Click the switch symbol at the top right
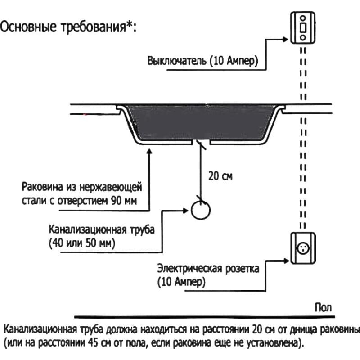303,28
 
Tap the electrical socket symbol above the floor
303,248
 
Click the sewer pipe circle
201,210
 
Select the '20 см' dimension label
220,176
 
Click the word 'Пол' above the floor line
323,308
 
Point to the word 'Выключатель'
177,61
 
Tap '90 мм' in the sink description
124,201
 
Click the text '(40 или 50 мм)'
82,243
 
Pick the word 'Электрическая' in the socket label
189,268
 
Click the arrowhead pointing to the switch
285,39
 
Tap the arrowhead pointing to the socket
286,261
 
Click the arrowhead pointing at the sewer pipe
185,211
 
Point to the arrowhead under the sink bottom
149,152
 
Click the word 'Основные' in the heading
28,27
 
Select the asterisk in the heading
130,24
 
